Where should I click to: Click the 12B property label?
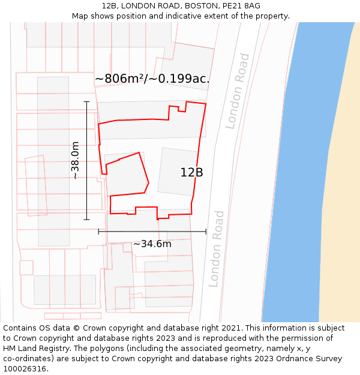pos(191,173)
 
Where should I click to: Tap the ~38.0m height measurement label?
pos(75,160)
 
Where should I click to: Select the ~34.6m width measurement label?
pos(152,244)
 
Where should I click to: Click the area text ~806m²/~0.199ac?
pos(152,79)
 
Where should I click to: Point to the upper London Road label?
pos(238,91)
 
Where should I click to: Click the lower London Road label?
pos(216,248)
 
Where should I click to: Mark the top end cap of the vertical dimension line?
pos(86,101)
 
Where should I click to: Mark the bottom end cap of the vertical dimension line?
pos(86,220)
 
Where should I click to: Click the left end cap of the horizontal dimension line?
pos(98,232)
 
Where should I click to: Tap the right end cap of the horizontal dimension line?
pos(206,232)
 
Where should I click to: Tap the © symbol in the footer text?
pos(76,328)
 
